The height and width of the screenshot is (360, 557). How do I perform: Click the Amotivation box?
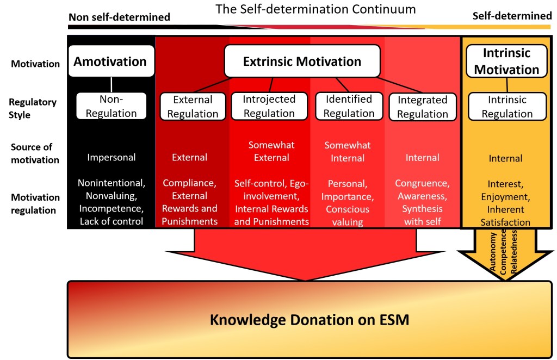pyautogui.click(x=110, y=61)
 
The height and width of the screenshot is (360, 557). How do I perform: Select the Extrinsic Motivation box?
pyautogui.click(x=302, y=61)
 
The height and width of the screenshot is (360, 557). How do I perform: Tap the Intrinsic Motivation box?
pyautogui.click(x=506, y=61)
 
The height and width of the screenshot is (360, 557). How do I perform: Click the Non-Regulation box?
pyautogui.click(x=111, y=106)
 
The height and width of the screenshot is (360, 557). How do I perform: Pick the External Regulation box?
pyautogui.click(x=193, y=107)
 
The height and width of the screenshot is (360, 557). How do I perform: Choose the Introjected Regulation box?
pyautogui.click(x=269, y=106)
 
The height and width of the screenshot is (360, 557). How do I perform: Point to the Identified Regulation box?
pyautogui.click(x=349, y=106)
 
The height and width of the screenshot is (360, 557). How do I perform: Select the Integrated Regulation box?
pyautogui.click(x=423, y=107)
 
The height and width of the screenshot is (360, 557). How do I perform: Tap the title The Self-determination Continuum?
pyautogui.click(x=315, y=9)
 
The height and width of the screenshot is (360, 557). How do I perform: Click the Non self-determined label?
pyautogui.click(x=119, y=17)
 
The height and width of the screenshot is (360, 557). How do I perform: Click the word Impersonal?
pyautogui.click(x=111, y=158)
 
